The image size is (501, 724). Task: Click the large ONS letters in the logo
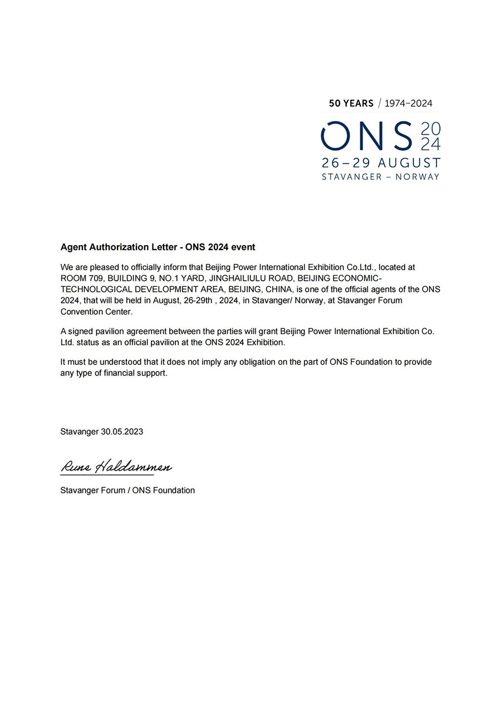coord(367,136)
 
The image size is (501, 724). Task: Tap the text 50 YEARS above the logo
coord(351,103)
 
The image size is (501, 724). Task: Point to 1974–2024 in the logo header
coord(408,103)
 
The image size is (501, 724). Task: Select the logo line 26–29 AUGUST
coord(381,163)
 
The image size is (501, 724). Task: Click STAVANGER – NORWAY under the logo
coord(381,177)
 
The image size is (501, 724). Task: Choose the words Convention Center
coord(96,312)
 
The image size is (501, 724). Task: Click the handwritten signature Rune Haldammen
coord(116,467)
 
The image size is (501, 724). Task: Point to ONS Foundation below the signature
coord(164,491)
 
